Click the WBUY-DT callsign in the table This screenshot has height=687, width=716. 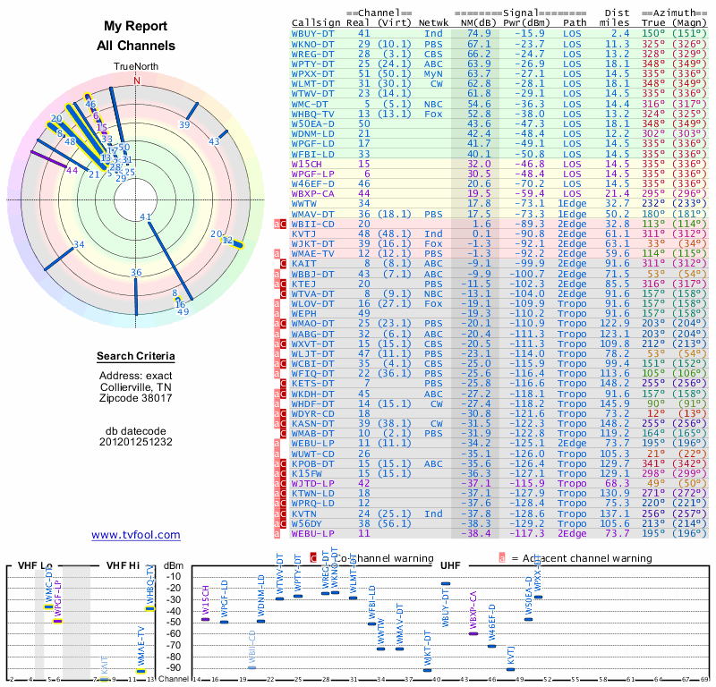(x=312, y=33)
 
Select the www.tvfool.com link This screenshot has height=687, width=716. (x=135, y=535)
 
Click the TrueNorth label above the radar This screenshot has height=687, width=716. (x=136, y=66)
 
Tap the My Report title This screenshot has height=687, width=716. (x=136, y=27)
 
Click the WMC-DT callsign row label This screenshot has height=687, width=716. (x=311, y=105)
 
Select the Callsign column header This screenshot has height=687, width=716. (x=315, y=22)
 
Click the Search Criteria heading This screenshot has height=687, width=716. (x=136, y=357)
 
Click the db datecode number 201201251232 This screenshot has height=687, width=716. (x=136, y=442)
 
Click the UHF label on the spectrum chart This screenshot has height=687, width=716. (x=450, y=565)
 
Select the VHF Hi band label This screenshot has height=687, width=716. (x=124, y=565)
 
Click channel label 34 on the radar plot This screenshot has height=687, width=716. (x=79, y=244)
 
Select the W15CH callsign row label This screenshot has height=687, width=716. (x=307, y=165)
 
